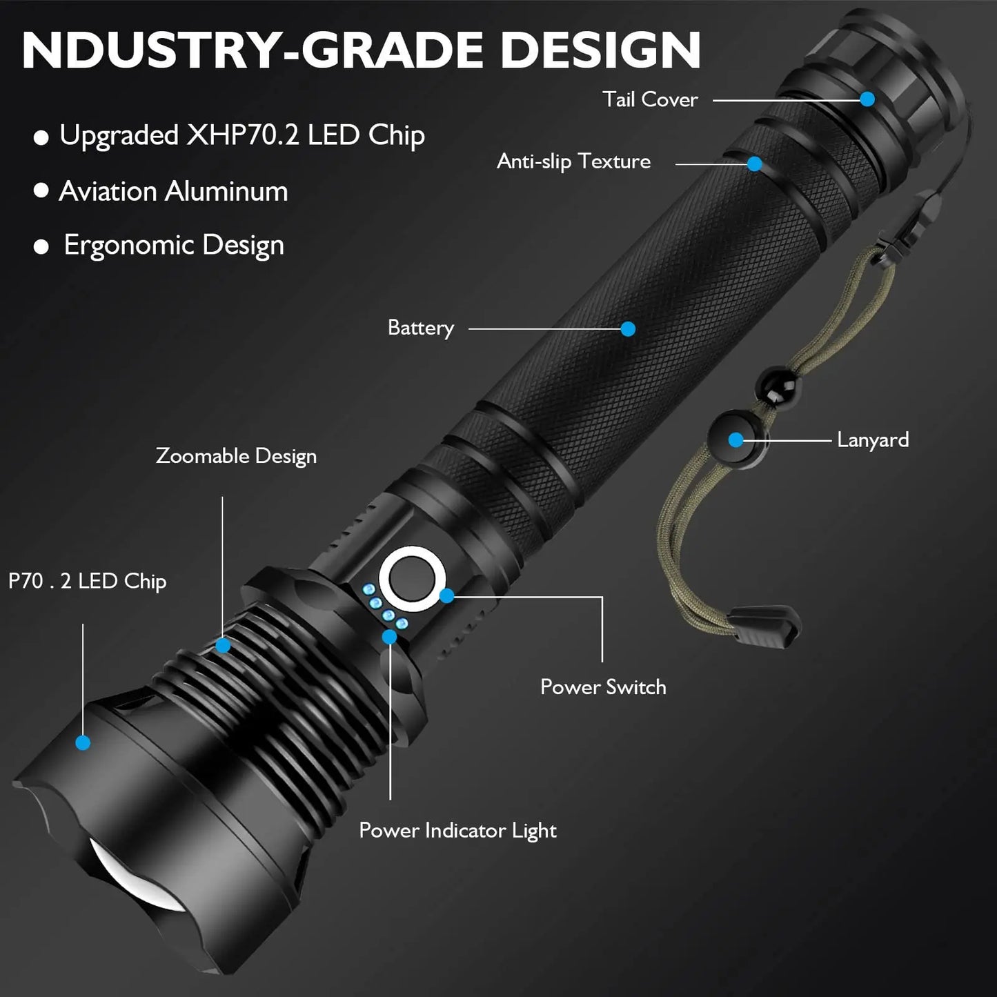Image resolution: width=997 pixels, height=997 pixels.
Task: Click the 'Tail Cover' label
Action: (x=650, y=99)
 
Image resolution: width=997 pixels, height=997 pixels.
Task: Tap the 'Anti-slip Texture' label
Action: (x=573, y=161)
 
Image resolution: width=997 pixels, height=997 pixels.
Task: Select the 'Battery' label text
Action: (x=421, y=328)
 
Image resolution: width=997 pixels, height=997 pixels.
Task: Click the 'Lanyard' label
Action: (x=873, y=440)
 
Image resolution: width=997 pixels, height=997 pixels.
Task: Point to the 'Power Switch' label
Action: (x=603, y=687)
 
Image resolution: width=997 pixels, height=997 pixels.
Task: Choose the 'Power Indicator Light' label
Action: (x=457, y=831)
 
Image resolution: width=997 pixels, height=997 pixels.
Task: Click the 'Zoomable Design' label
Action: (x=236, y=456)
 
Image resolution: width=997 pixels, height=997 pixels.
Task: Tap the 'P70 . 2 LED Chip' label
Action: (x=88, y=582)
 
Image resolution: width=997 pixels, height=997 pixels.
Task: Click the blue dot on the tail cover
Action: (x=868, y=99)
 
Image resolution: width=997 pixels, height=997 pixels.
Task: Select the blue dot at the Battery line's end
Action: (x=628, y=328)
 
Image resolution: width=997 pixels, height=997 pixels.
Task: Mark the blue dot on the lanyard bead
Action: (x=736, y=440)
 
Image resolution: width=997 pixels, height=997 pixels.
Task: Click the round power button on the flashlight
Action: (x=412, y=580)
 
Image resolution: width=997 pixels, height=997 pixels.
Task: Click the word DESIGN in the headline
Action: (x=600, y=50)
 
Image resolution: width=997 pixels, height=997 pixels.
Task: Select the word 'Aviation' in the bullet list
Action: (x=108, y=191)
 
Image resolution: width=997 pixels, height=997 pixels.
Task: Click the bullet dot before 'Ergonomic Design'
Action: (x=41, y=247)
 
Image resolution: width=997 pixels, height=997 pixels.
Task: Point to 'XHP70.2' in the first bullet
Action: (x=242, y=135)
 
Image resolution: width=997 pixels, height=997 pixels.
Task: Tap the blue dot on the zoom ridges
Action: (x=223, y=645)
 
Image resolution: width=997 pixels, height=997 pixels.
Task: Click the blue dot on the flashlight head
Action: (x=83, y=742)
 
